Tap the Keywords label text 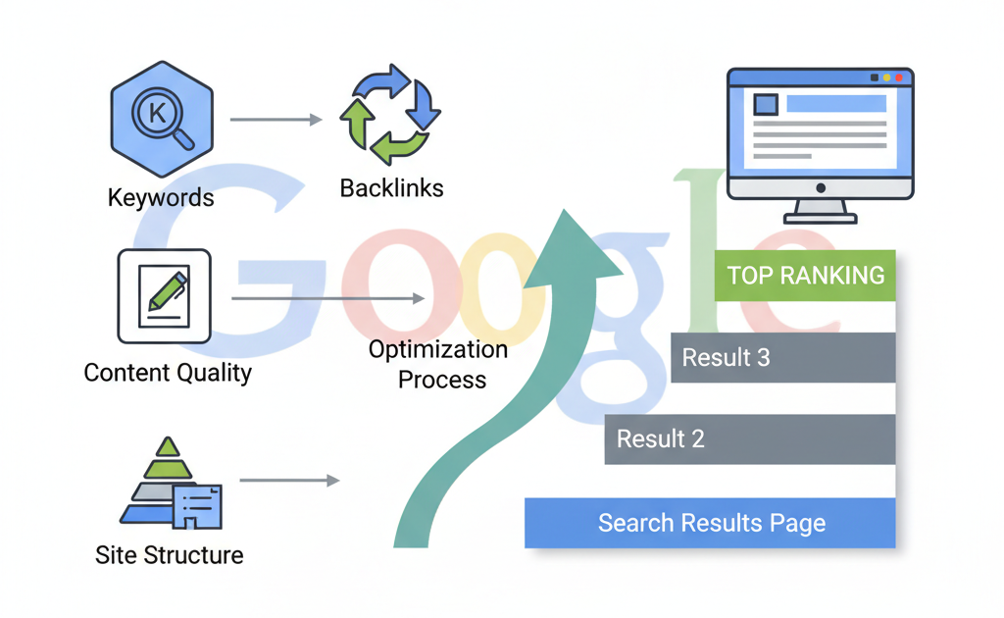[x=161, y=197]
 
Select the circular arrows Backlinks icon [x=390, y=114]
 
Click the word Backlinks [x=391, y=187]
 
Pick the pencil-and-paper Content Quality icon [x=164, y=295]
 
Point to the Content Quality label [x=168, y=373]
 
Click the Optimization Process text [x=438, y=364]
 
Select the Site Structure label [x=169, y=554]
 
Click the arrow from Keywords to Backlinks [x=276, y=120]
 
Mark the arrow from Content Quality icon [x=328, y=297]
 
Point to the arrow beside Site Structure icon [x=289, y=481]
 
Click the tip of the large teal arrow [x=570, y=214]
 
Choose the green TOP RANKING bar [x=806, y=276]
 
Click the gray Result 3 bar [x=782, y=357]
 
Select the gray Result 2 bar [x=749, y=438]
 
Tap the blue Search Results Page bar [x=710, y=523]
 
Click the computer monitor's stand [x=820, y=210]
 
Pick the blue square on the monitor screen [x=765, y=104]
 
